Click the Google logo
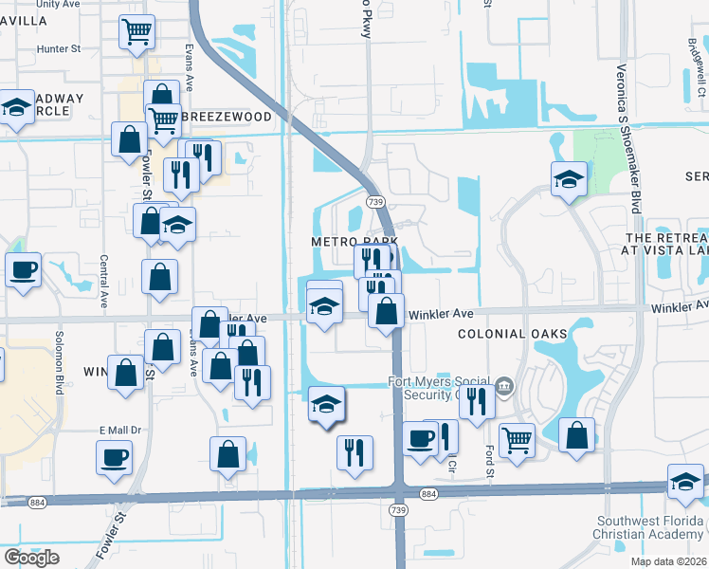pyautogui.click(x=32, y=558)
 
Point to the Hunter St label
pyautogui.click(x=60, y=48)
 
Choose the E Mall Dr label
pyautogui.click(x=120, y=430)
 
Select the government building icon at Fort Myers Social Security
pyautogui.click(x=505, y=385)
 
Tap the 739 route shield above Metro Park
pyautogui.click(x=375, y=202)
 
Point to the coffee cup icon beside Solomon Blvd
pyautogui.click(x=23, y=268)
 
